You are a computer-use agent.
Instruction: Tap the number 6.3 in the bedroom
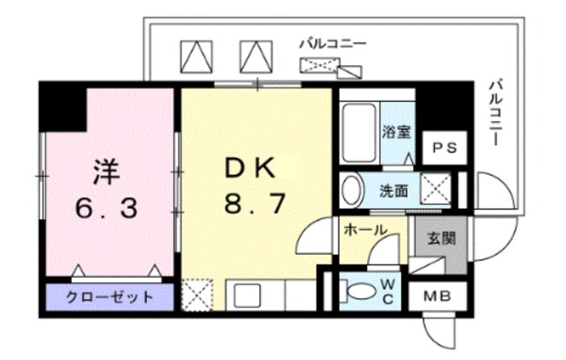click(x=105, y=210)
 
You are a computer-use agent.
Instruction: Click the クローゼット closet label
click(x=110, y=296)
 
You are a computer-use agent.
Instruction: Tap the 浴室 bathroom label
click(x=395, y=133)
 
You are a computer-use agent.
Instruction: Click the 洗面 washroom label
click(x=394, y=189)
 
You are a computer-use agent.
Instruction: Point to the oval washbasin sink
click(x=351, y=189)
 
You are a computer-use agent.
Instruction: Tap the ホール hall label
click(x=364, y=230)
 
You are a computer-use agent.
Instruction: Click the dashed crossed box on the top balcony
click(x=320, y=65)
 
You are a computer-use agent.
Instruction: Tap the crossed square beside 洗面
click(x=433, y=188)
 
